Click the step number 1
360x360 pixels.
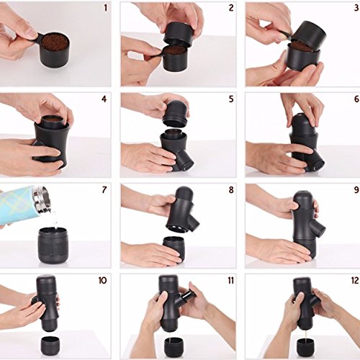click(x=106, y=8)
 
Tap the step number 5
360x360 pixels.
click(x=231, y=99)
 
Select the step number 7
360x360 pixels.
click(x=104, y=189)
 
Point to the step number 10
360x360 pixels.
click(x=102, y=280)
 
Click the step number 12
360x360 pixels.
click(x=355, y=280)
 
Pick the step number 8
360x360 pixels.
click(x=231, y=189)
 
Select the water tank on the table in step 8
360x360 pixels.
click(x=174, y=250)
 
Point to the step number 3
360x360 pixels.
click(x=356, y=8)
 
